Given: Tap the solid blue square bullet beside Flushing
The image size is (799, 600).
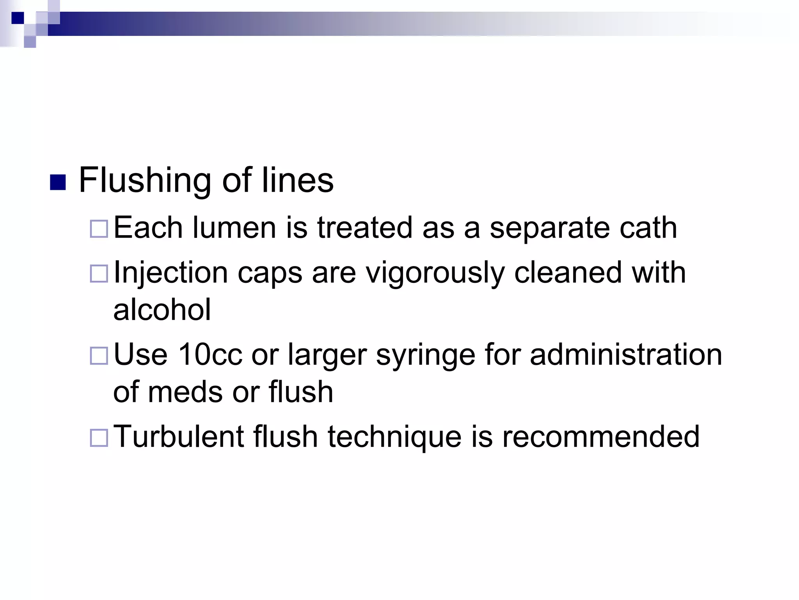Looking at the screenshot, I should click(x=58, y=182).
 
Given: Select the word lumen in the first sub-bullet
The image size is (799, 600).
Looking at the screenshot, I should click(x=234, y=228).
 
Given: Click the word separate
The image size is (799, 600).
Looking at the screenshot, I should click(x=549, y=229).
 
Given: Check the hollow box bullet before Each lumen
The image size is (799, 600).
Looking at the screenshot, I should click(x=99, y=229).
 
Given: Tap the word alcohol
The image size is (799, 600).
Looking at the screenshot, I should click(x=162, y=309).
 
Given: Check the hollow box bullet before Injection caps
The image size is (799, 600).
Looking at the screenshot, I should click(x=99, y=273).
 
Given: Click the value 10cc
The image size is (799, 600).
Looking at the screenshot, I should click(x=210, y=355).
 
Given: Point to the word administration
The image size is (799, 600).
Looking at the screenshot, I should click(x=626, y=355).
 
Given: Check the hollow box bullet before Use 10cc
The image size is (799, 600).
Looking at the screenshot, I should click(x=99, y=356).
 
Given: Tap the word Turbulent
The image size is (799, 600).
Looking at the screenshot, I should click(x=179, y=436).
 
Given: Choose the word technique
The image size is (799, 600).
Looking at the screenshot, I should click(x=394, y=437).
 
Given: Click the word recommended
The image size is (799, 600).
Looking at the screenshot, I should click(x=601, y=436).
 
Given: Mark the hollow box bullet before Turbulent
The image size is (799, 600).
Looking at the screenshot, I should click(x=99, y=438).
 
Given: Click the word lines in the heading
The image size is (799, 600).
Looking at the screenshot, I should click(x=297, y=180).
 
